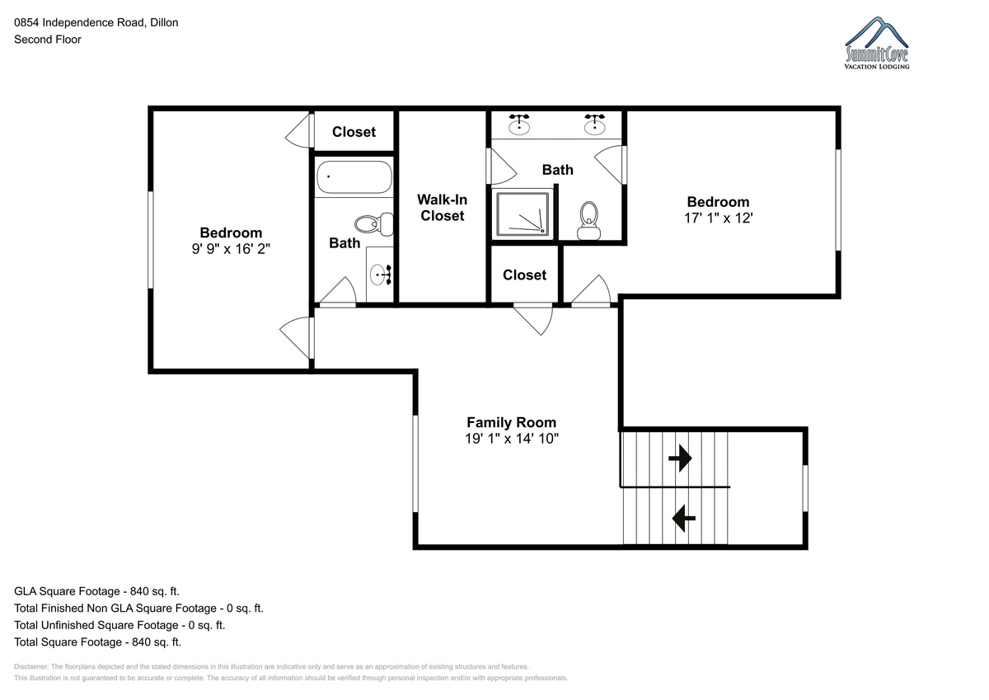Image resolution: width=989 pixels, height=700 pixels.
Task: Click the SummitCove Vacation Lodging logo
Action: [876, 43]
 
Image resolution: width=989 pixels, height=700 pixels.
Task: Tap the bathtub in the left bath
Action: [354, 176]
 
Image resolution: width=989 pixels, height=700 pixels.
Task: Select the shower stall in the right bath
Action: [523, 214]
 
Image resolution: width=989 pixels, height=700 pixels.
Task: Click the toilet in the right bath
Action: [588, 220]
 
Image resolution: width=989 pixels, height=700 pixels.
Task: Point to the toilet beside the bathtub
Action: [374, 224]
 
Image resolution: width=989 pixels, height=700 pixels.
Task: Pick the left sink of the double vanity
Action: [519, 123]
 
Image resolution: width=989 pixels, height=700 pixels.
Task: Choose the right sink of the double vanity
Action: [595, 123]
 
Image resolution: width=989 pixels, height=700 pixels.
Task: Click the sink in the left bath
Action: [381, 275]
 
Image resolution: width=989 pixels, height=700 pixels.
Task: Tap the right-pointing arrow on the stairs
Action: [680, 458]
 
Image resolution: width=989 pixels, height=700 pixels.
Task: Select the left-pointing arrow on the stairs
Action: [684, 518]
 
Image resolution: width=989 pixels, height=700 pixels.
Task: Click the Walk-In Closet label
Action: [442, 208]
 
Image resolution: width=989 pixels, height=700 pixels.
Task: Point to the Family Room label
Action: [511, 422]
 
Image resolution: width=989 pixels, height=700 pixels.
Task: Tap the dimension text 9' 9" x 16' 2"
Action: [231, 249]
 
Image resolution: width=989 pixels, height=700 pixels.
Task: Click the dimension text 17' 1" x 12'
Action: [719, 218]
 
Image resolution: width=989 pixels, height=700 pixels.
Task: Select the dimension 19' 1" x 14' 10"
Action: [512, 438]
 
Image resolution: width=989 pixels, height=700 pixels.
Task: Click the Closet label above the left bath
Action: [354, 132]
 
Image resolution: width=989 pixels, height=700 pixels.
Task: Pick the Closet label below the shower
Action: [524, 275]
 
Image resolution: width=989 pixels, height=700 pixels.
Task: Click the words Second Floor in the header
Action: [48, 40]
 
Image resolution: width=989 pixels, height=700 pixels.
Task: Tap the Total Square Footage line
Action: [97, 641]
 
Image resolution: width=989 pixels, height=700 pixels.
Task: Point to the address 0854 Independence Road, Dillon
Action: [96, 22]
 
